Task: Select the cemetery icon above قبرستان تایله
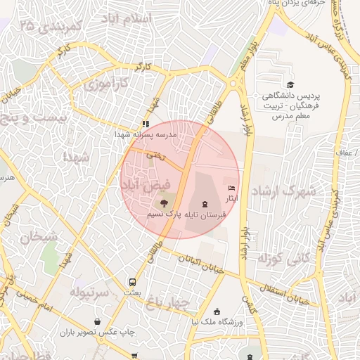(204, 204)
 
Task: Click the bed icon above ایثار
(232, 188)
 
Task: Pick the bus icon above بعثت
(132, 280)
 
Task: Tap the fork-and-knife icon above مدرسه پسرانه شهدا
(146, 124)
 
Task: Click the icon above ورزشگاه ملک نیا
(217, 311)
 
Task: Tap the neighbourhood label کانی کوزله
(284, 259)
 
